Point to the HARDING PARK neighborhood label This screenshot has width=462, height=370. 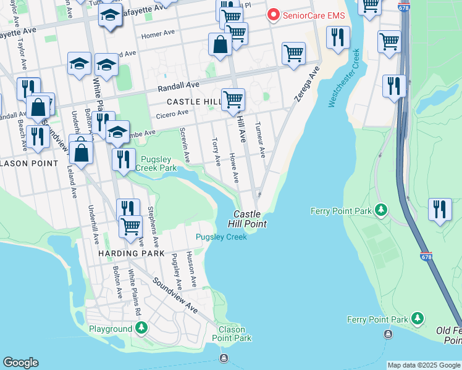pyautogui.click(x=130, y=253)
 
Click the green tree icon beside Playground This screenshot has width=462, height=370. pyautogui.click(x=142, y=328)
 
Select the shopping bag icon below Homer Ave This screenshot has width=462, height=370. pyautogui.click(x=220, y=44)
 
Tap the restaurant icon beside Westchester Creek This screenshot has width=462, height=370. pyautogui.click(x=338, y=38)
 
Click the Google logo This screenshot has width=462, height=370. pyautogui.click(x=20, y=363)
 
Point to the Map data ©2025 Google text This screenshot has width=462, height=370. pyautogui.click(x=424, y=365)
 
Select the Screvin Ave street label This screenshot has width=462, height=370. pyautogui.click(x=183, y=145)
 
